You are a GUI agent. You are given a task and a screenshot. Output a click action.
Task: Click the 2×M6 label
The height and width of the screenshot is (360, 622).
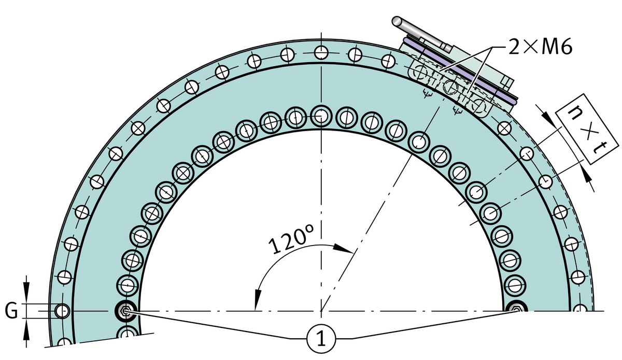coord(540,46)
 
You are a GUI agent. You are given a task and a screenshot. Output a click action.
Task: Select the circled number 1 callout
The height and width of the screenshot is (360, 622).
coord(321,339)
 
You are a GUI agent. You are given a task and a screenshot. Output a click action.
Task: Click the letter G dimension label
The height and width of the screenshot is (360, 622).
coord(11,311)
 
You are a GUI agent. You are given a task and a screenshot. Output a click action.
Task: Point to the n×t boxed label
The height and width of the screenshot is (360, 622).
coord(587,129)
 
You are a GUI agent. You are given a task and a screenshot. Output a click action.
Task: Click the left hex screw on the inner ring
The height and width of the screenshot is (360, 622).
coord(126,311)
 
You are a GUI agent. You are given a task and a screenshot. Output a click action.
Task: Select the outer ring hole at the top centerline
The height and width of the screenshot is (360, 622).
coord(321,52)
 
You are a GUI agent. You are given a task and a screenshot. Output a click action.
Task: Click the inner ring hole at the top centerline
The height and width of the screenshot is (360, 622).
coord(321,116)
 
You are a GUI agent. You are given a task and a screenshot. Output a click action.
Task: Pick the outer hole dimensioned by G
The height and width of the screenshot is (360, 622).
coord(62,311)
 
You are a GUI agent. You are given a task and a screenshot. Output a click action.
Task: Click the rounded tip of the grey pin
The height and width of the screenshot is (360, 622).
coord(397,21)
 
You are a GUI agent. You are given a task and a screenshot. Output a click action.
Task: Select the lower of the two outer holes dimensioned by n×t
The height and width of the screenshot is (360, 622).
coord(546,181)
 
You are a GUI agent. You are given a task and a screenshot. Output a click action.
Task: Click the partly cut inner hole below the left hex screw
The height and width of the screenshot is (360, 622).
coord(128,332)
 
